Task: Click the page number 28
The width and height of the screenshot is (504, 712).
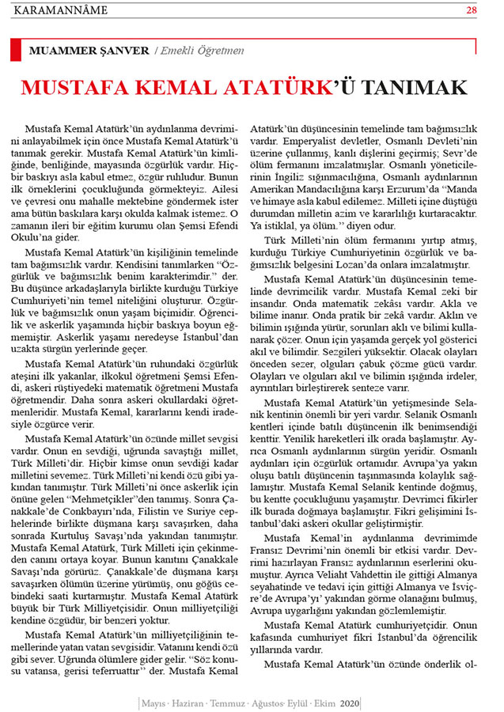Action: pyautogui.click(x=472, y=10)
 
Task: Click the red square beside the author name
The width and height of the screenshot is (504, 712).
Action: pyautogui.click(x=16, y=51)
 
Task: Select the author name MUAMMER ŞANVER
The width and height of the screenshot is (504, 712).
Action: pyautogui.click(x=89, y=51)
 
